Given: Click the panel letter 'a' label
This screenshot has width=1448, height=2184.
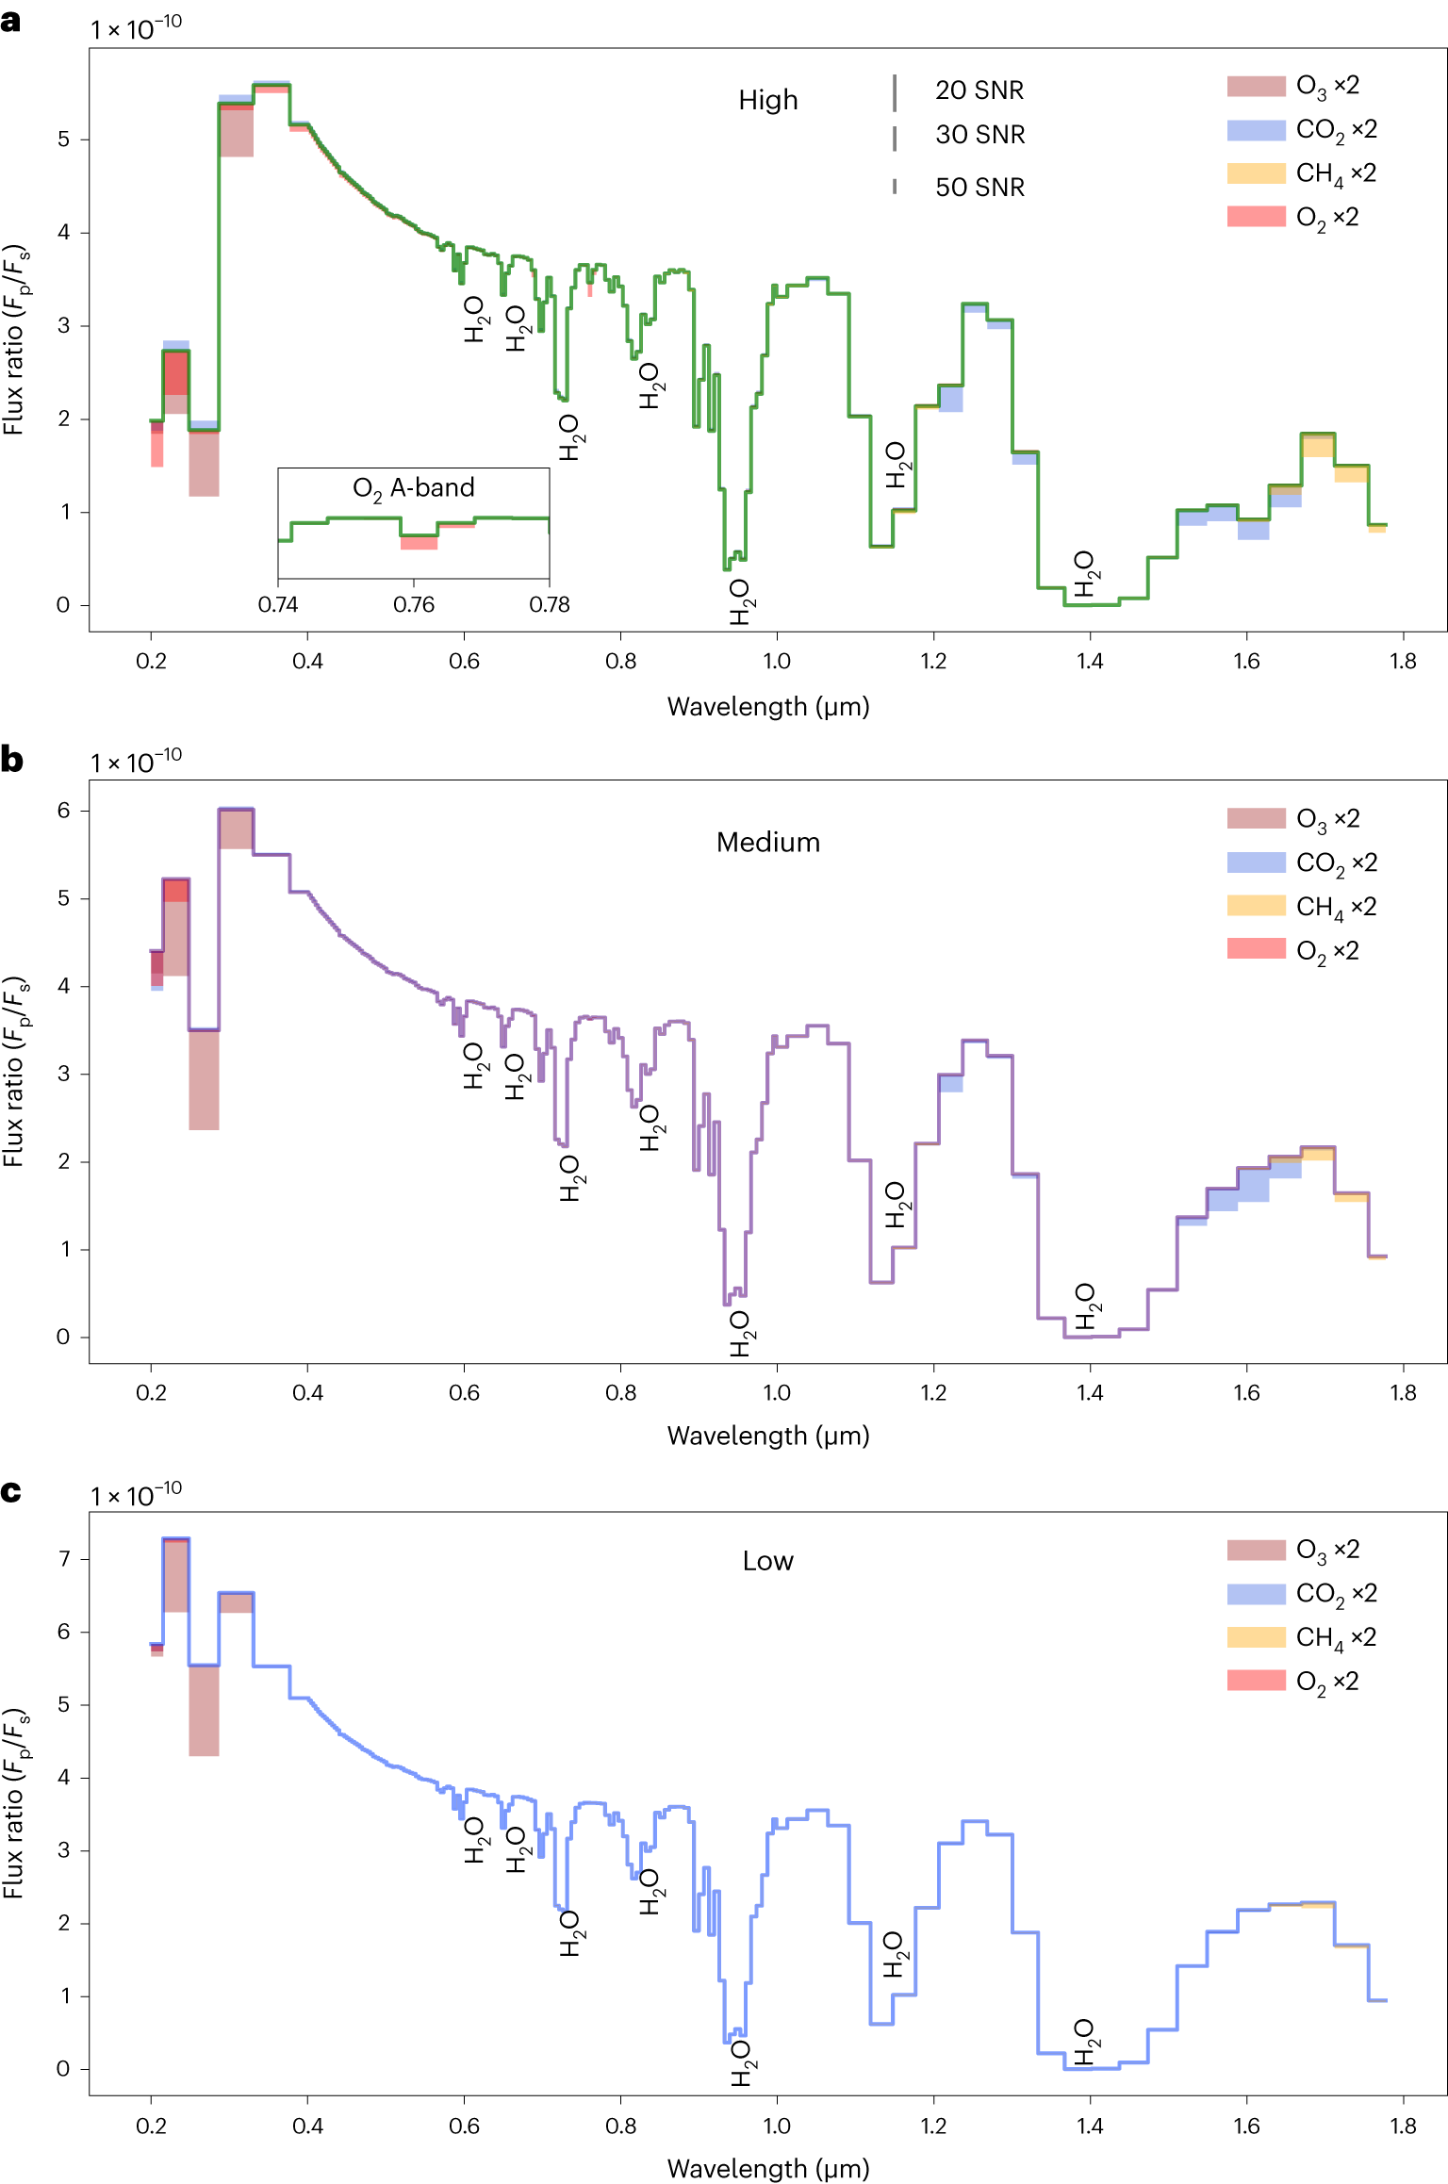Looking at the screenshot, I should click(11, 22).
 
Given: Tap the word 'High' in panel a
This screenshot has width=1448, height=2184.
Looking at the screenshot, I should click(767, 100).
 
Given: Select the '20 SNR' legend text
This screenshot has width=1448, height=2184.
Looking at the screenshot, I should click(979, 90).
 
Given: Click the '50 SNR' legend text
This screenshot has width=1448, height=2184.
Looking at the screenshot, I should click(979, 187).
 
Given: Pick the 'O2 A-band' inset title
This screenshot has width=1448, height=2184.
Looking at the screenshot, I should click(413, 488).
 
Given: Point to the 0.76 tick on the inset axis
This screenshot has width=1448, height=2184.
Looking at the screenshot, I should click(413, 604).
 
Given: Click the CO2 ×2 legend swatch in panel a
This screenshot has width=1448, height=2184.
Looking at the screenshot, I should click(1256, 130).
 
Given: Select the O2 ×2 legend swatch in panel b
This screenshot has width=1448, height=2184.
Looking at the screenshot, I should click(1256, 948).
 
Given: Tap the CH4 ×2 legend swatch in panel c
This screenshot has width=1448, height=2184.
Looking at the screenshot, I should click(1256, 1636).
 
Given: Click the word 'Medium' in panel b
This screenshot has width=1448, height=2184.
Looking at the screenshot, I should click(767, 842).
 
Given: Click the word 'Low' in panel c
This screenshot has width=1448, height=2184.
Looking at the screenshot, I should click(767, 1561).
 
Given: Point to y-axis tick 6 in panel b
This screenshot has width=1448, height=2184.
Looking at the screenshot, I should click(63, 811).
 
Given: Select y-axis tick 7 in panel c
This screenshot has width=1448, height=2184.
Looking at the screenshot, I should click(64, 1558).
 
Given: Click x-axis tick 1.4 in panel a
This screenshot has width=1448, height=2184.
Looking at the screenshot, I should click(1090, 661).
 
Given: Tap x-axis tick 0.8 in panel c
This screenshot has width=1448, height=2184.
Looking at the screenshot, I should click(620, 2126).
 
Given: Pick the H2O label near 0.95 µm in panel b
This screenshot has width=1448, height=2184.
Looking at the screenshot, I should click(741, 1333).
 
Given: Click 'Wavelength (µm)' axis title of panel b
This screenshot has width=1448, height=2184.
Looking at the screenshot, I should click(767, 1436).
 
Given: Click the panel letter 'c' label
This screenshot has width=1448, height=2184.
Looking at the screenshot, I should click(11, 1491).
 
